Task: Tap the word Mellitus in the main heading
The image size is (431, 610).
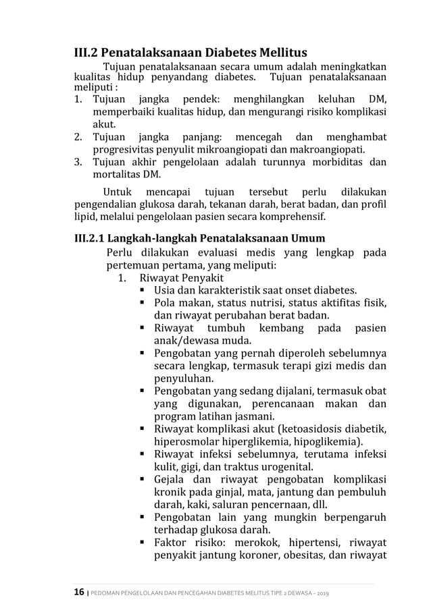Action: click(x=280, y=53)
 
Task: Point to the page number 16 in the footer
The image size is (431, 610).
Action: click(x=78, y=592)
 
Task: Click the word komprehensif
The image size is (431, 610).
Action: click(x=286, y=217)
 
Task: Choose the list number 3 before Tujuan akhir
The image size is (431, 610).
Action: click(x=78, y=162)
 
